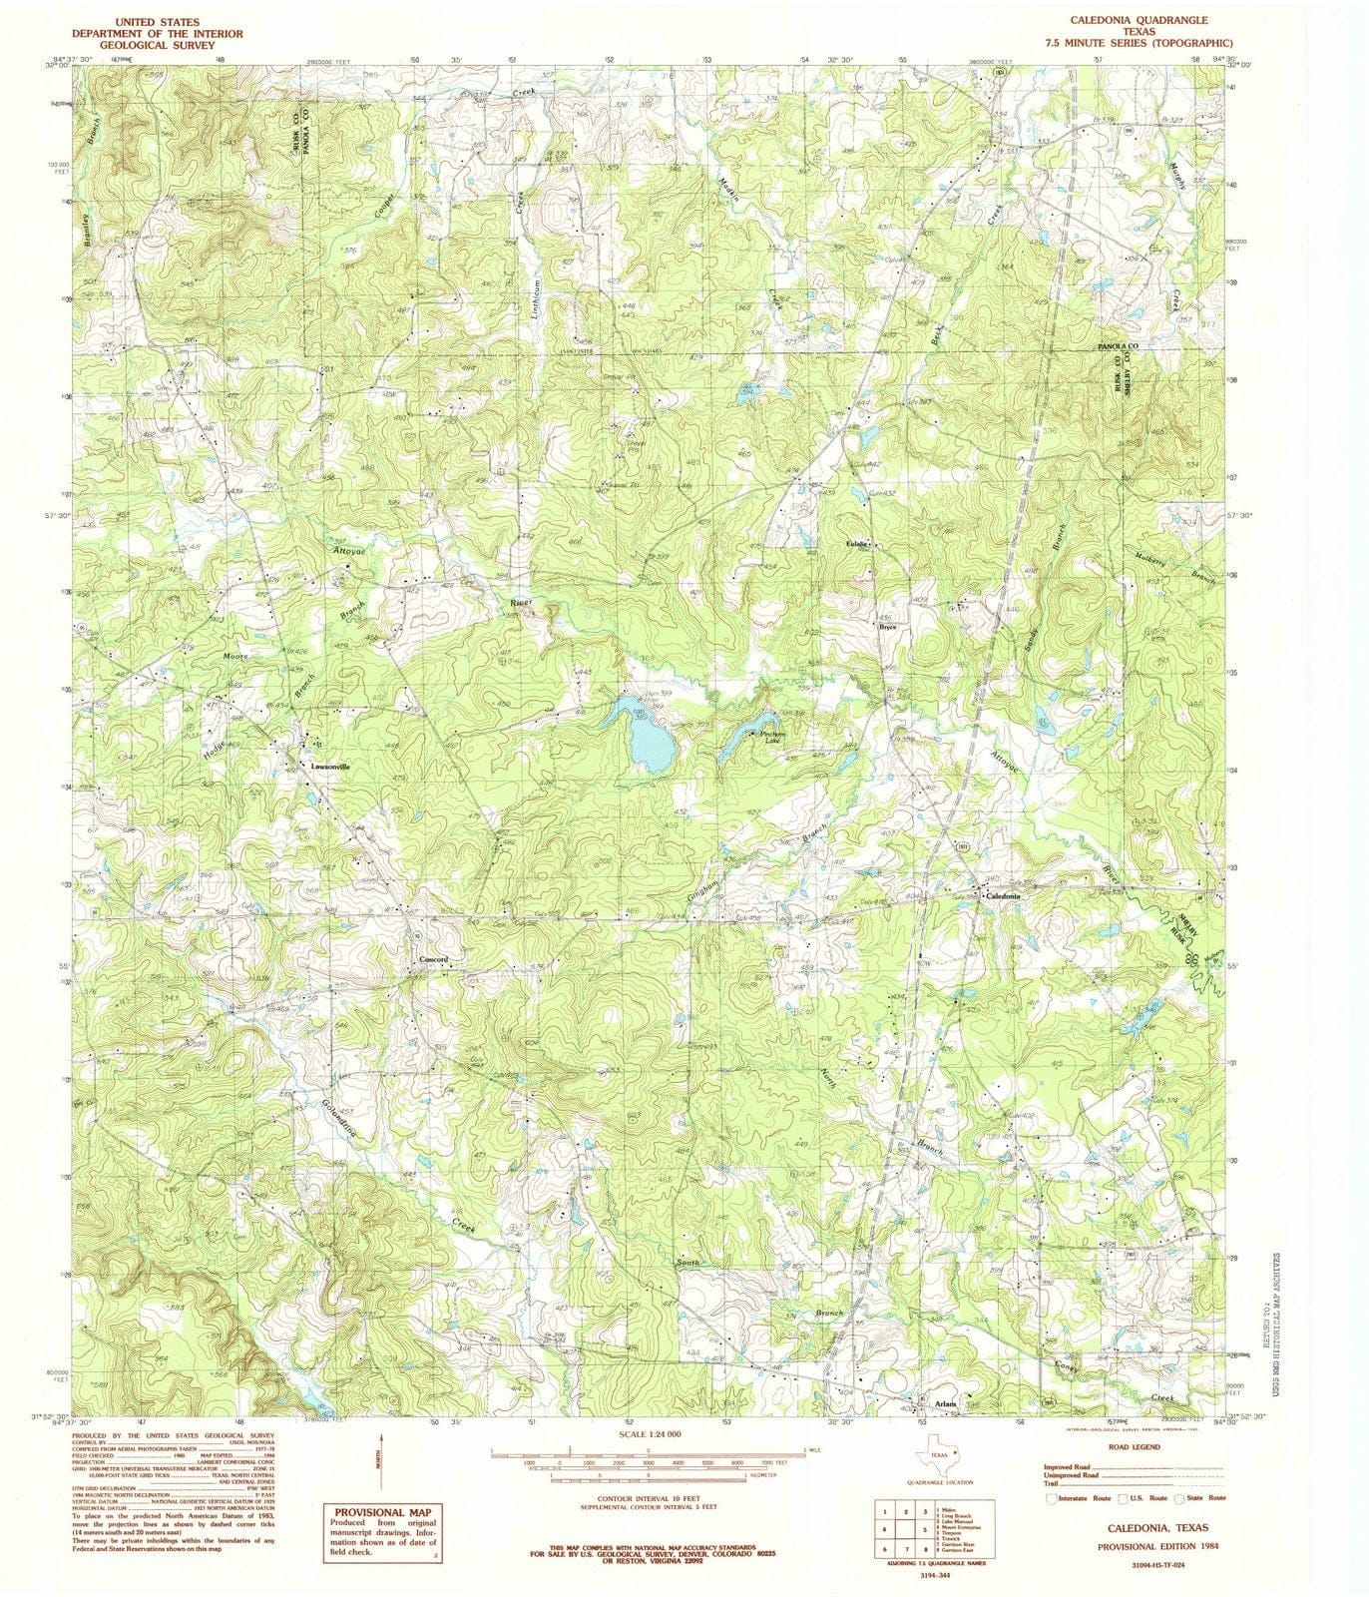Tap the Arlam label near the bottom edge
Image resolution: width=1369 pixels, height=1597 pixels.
[x=945, y=1403]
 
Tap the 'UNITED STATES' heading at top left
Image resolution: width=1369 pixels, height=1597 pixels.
[x=157, y=21]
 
